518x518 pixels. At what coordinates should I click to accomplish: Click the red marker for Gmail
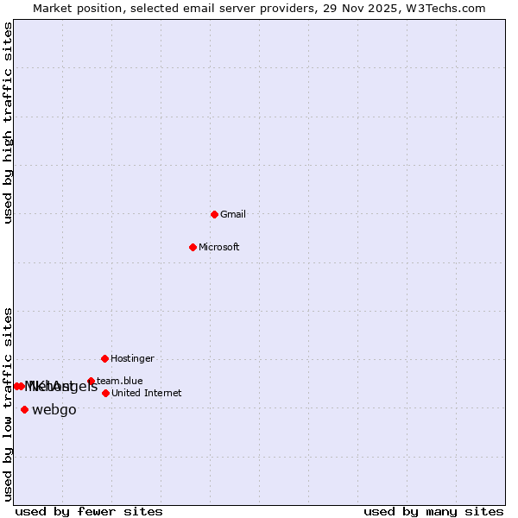[214, 214]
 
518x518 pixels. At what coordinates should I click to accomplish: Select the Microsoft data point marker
[193, 247]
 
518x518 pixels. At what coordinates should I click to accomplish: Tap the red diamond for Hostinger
[104, 358]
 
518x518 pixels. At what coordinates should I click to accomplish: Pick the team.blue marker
[91, 381]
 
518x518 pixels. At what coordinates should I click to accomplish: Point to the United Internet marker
[105, 393]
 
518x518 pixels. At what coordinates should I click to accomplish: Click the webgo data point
[24, 409]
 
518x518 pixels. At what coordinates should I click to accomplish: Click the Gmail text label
[233, 214]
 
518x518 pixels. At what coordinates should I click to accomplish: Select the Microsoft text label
[219, 247]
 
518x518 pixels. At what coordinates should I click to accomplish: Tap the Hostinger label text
[132, 358]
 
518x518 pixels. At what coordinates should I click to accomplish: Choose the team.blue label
[120, 381]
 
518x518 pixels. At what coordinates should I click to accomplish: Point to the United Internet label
[146, 393]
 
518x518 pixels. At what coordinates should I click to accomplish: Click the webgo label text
[54, 410]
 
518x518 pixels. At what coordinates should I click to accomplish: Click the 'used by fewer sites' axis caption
[89, 512]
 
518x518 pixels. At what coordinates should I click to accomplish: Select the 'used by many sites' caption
[433, 512]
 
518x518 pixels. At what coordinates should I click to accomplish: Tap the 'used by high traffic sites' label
[9, 123]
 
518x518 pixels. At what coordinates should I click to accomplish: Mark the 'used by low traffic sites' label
[9, 404]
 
